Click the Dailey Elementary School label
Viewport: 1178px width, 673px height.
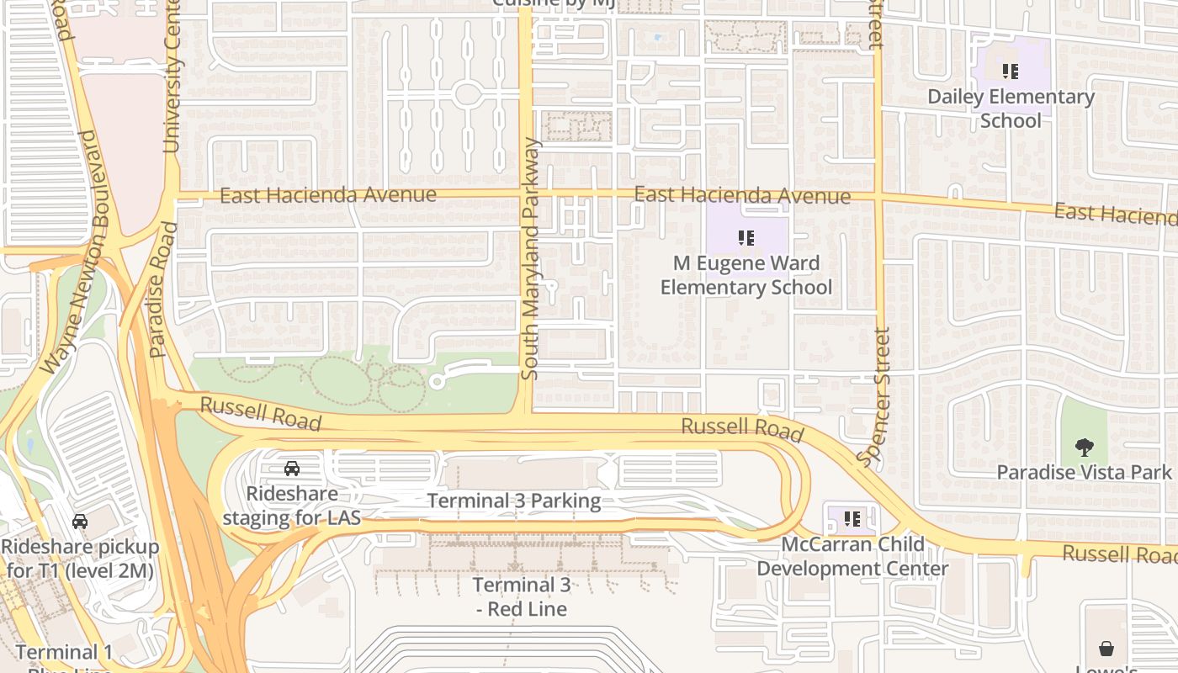pyautogui.click(x=1011, y=109)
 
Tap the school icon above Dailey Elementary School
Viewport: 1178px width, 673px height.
pyautogui.click(x=1011, y=72)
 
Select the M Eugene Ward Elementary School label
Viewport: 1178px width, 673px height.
pyautogui.click(x=746, y=275)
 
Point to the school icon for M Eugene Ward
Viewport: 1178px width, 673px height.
pyautogui.click(x=746, y=238)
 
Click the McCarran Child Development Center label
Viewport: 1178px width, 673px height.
pyautogui.click(x=852, y=556)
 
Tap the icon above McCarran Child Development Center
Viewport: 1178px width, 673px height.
pyautogui.click(x=852, y=519)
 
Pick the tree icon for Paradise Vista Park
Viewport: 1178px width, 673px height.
pyautogui.click(x=1085, y=447)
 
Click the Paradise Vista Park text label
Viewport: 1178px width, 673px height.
pyautogui.click(x=1084, y=472)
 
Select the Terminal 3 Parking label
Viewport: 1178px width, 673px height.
pyautogui.click(x=514, y=501)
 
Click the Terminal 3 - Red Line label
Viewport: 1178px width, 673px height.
pyautogui.click(x=521, y=596)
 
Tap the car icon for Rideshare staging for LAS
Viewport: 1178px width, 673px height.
pyautogui.click(x=292, y=469)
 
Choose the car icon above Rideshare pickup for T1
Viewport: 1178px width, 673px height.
pyautogui.click(x=80, y=522)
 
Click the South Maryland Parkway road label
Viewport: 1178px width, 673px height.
pyautogui.click(x=530, y=258)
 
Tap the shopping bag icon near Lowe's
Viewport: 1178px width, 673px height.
pyautogui.click(x=1106, y=649)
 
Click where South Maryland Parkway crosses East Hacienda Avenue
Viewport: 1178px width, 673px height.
pyautogui.click(x=526, y=194)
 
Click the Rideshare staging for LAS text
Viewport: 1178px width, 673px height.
pyautogui.click(x=292, y=506)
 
